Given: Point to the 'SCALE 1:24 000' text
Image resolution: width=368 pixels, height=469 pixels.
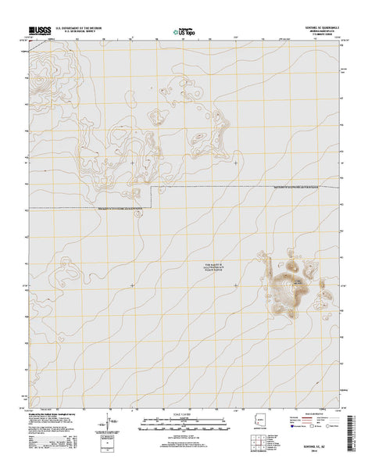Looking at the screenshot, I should click(184, 421).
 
